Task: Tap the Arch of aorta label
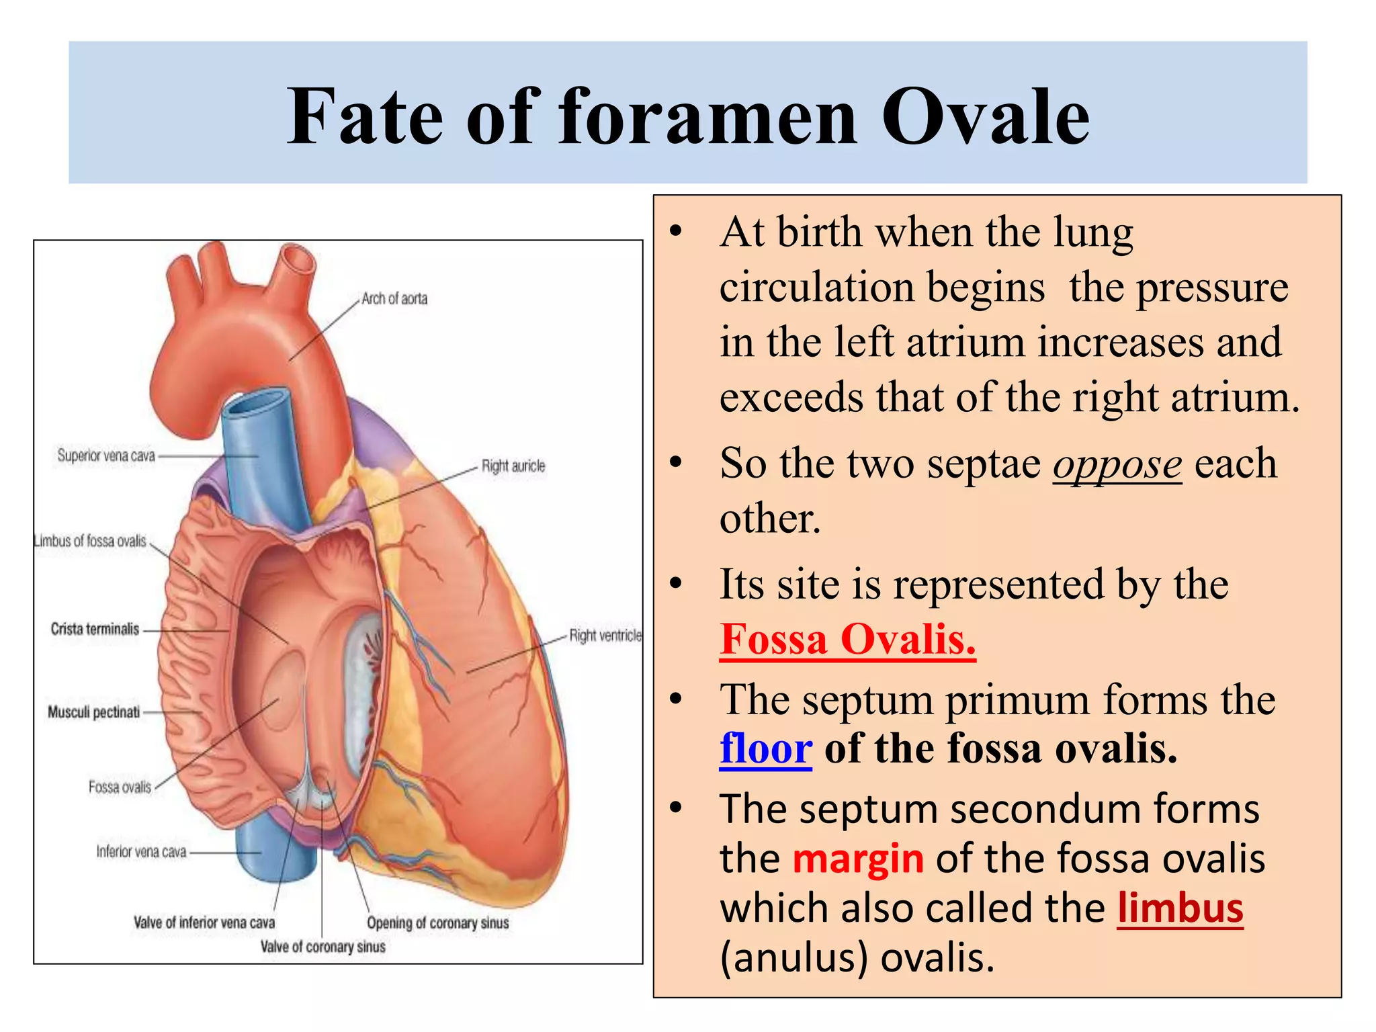pos(394,298)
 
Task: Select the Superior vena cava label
pos(106,456)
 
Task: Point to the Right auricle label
pos(513,466)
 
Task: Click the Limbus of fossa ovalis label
pos(91,541)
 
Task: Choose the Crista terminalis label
pos(95,629)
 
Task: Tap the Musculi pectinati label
pos(94,712)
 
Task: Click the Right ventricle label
pos(605,635)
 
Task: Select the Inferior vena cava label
pos(141,851)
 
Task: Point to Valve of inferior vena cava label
pos(204,922)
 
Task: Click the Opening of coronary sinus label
pos(437,922)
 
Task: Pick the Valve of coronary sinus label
pos(322,947)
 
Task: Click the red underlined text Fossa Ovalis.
pos(847,639)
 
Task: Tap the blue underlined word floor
pos(765,748)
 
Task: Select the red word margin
pos(858,858)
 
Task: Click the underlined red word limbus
pos(1180,908)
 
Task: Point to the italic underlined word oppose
pos(1117,464)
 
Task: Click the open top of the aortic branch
pos(298,258)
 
